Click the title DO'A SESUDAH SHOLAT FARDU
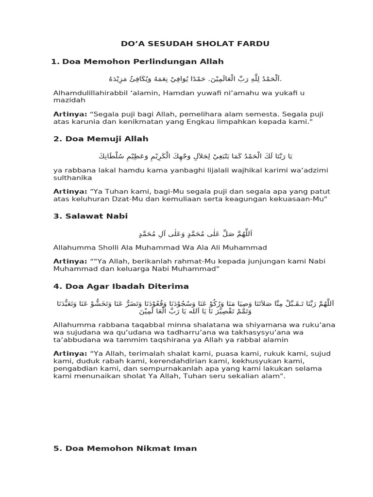coord(195,44)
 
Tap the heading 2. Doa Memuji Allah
coord(101,139)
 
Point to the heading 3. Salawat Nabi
coord(90,216)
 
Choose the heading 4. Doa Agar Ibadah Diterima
coord(121,286)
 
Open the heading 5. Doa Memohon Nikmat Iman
coord(125,448)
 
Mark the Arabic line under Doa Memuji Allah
coord(194,156)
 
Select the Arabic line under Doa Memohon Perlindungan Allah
coord(195,79)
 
